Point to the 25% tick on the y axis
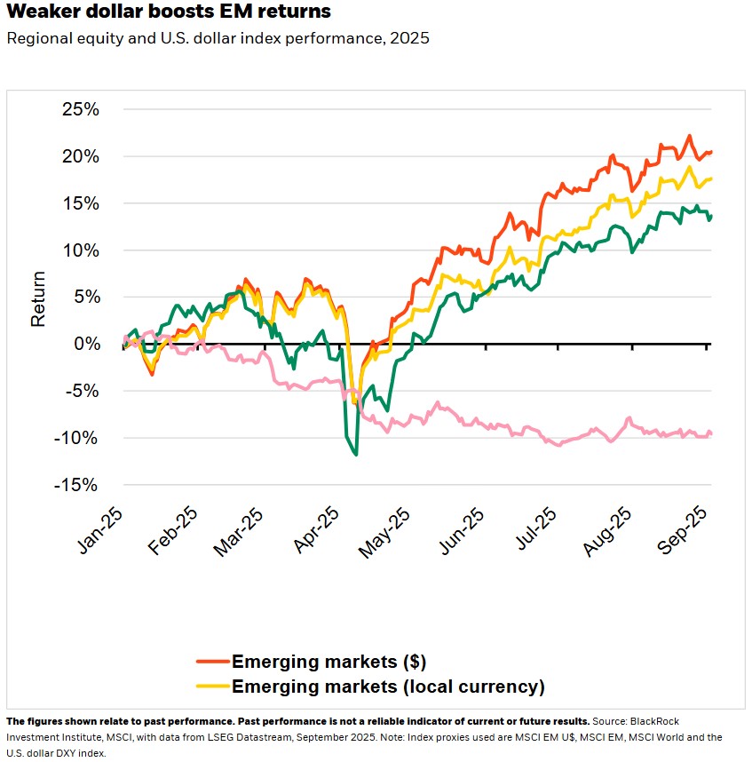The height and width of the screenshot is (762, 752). point(80,110)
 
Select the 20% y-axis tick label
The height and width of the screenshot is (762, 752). point(80,157)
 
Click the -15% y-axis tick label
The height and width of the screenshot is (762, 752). point(76,485)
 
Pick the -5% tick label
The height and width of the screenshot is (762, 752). point(82,392)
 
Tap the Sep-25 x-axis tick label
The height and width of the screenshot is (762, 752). point(685,533)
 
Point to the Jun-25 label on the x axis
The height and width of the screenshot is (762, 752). point(468,533)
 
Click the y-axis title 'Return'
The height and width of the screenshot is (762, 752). point(38,298)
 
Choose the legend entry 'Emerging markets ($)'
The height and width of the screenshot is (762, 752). point(329,662)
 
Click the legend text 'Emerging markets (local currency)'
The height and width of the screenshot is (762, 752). point(387,686)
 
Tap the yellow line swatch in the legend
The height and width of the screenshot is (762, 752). point(212,686)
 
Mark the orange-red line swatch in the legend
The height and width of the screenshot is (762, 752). point(212,662)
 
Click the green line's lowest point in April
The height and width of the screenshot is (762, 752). point(356,455)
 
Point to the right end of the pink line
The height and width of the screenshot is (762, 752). point(711,433)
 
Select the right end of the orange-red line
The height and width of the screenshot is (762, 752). point(711,153)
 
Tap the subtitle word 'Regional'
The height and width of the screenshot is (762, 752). point(36,39)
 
